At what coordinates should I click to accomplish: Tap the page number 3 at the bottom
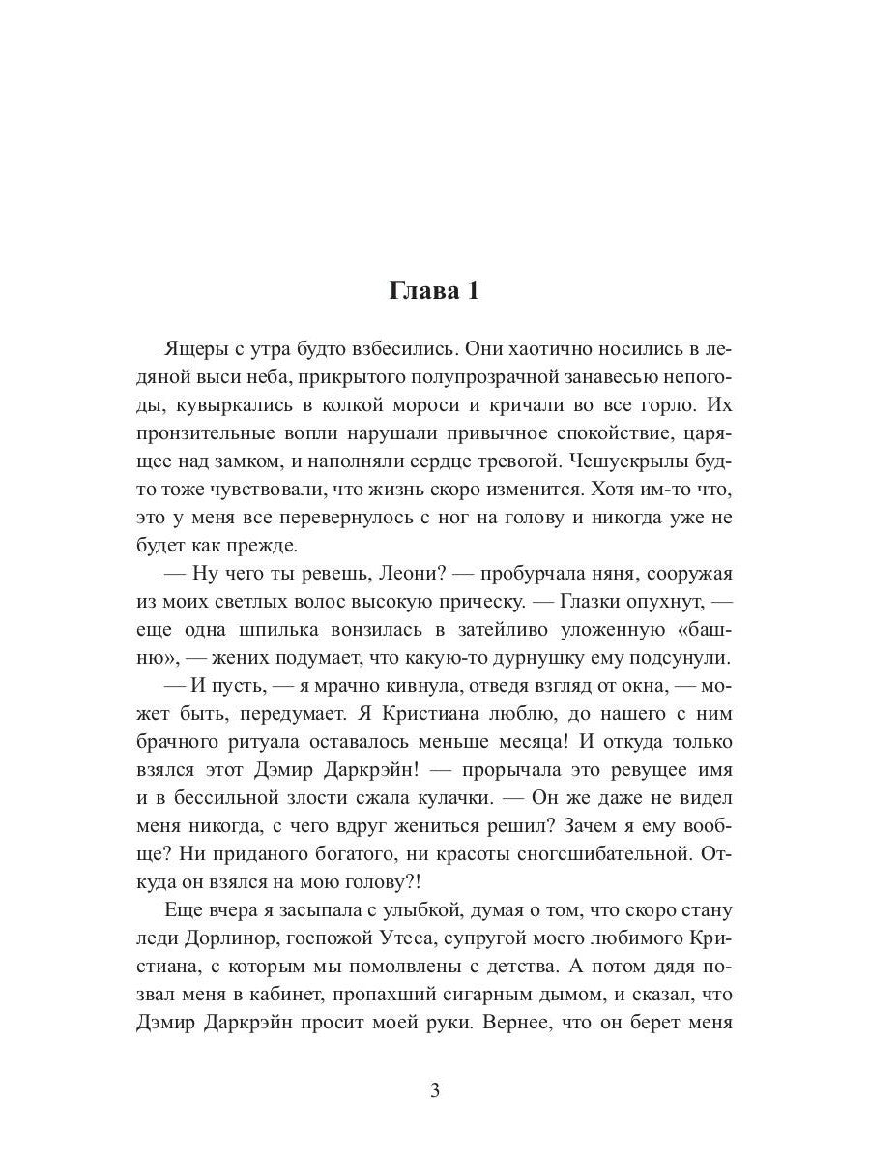tap(434, 1092)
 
